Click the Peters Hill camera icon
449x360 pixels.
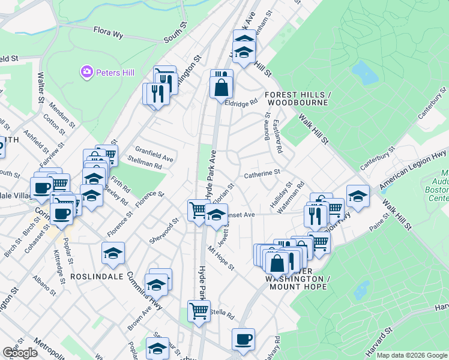click(x=87, y=73)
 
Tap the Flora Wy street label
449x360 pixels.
click(x=108, y=32)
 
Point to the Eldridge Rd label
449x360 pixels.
click(x=240, y=103)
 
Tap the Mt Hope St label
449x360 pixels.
click(x=220, y=257)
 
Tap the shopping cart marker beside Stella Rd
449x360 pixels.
click(x=199, y=311)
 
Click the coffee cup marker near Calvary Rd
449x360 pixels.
click(x=244, y=339)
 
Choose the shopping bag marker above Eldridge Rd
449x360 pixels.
click(x=221, y=86)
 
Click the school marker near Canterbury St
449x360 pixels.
click(x=358, y=196)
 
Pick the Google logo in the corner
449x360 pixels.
click(x=20, y=353)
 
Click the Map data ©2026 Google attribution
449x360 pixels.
click(x=412, y=355)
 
